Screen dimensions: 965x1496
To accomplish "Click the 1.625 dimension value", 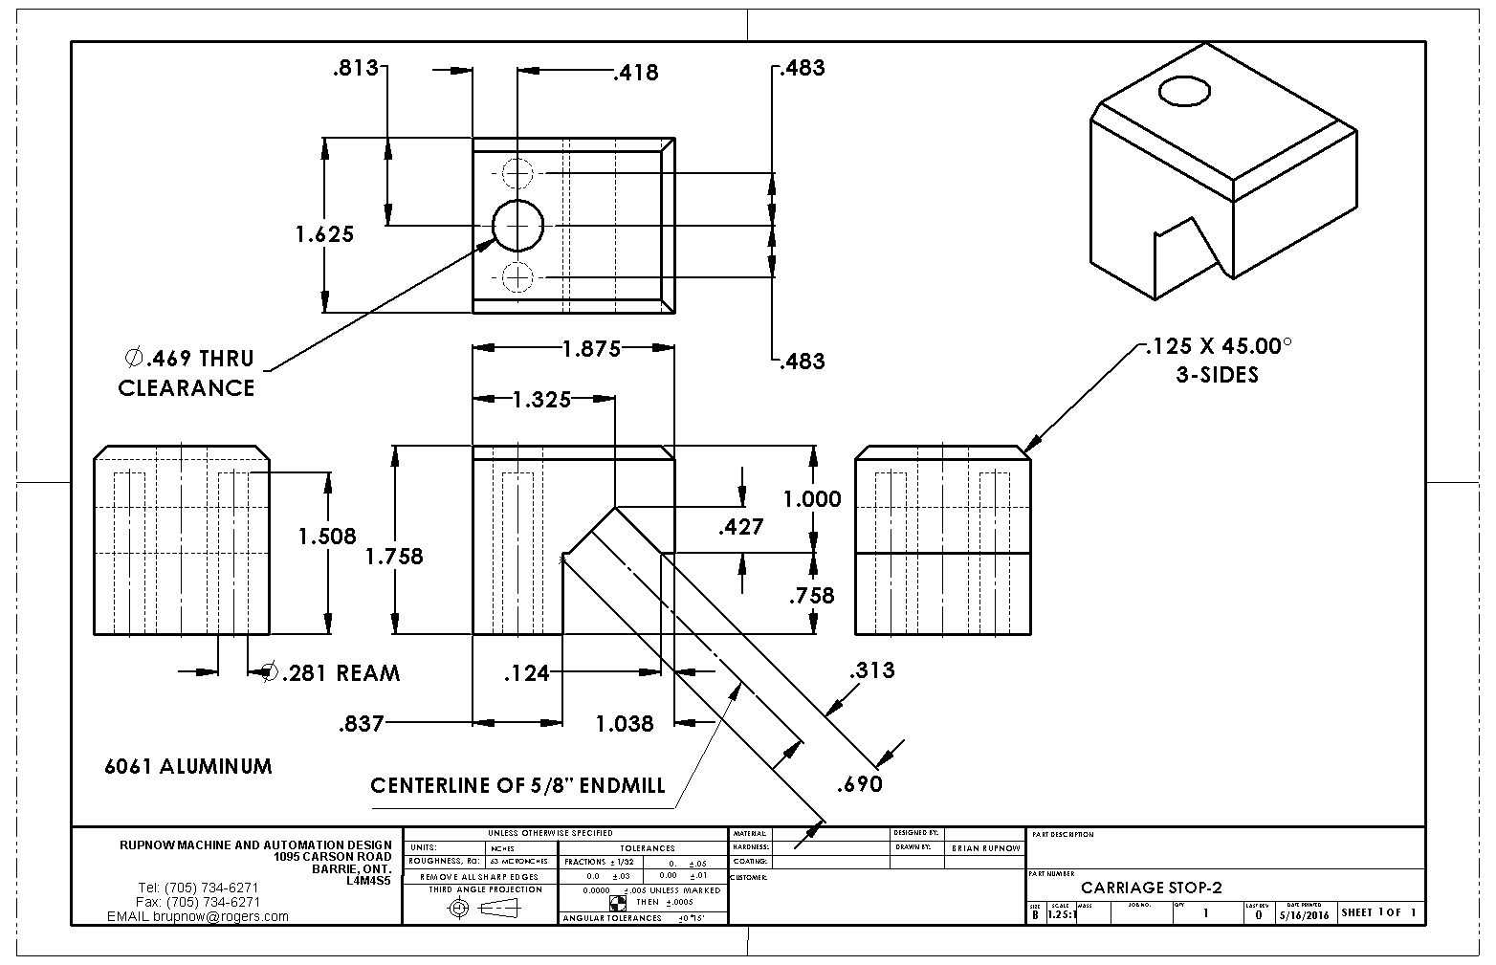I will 324,234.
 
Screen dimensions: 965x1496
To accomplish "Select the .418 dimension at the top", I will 636,73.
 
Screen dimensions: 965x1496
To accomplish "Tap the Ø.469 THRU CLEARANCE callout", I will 187,373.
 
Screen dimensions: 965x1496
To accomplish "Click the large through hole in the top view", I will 517,225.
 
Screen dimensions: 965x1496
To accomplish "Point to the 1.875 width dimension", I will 591,349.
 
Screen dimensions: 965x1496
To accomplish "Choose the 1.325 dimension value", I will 540,399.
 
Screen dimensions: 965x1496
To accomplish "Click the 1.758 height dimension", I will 394,556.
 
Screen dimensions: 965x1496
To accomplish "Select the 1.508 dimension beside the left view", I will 327,537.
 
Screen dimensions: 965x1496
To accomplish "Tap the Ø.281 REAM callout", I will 331,673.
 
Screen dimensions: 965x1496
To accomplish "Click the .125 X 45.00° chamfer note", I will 1218,360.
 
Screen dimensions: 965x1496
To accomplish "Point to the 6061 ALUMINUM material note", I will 188,767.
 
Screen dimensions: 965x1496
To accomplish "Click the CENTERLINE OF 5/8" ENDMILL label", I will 517,786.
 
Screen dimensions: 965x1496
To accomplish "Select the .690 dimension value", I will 859,785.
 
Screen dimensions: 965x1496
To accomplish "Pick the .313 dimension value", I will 871,670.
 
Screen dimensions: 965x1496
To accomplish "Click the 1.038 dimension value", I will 625,724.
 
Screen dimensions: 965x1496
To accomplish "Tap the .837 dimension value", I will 361,724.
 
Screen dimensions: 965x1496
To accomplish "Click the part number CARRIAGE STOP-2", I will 1151,888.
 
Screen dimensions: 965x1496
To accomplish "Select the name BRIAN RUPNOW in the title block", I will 985,848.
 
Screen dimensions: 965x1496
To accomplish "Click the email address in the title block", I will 198,916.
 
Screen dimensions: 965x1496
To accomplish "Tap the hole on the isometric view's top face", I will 1185,92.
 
